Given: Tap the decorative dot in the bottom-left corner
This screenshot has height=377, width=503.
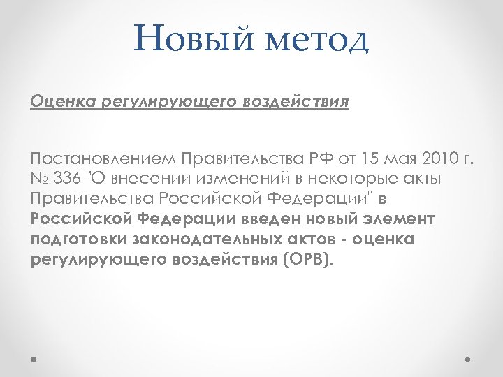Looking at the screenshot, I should [x=34, y=361].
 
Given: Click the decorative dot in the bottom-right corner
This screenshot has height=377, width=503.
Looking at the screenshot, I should [x=469, y=361].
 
